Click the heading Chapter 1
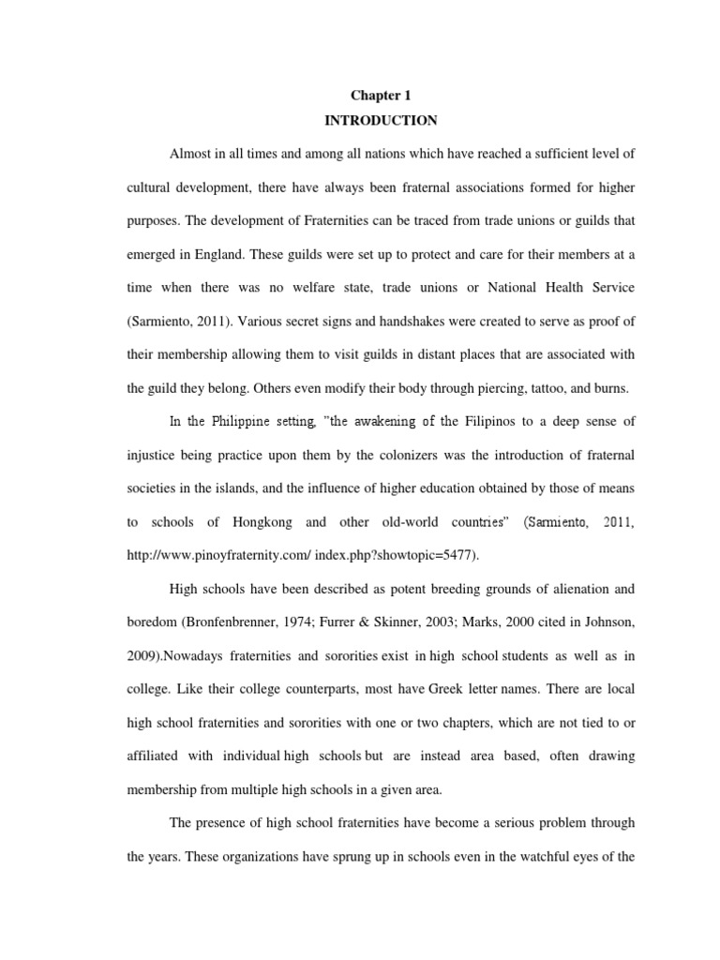coord(381,96)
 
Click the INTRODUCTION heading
coord(381,121)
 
